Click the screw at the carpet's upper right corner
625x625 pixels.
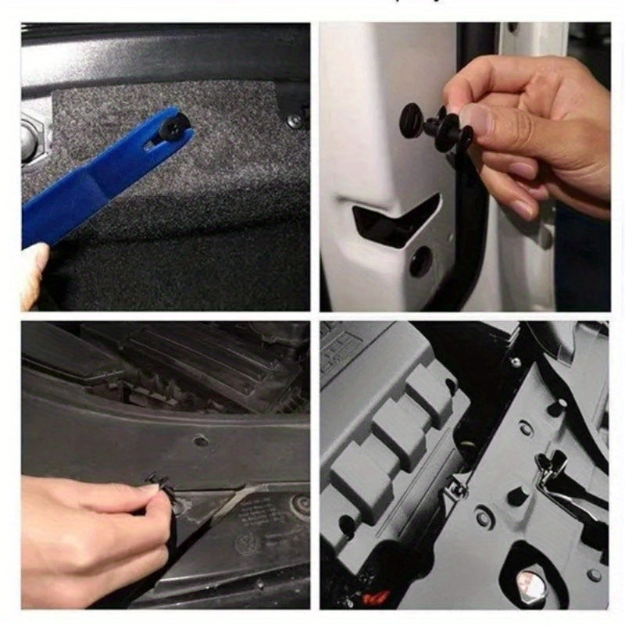(294, 121)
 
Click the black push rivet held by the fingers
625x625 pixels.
(434, 125)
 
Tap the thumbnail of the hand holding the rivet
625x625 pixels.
(474, 117)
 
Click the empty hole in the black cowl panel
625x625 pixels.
(201, 441)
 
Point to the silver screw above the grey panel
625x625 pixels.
(515, 362)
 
